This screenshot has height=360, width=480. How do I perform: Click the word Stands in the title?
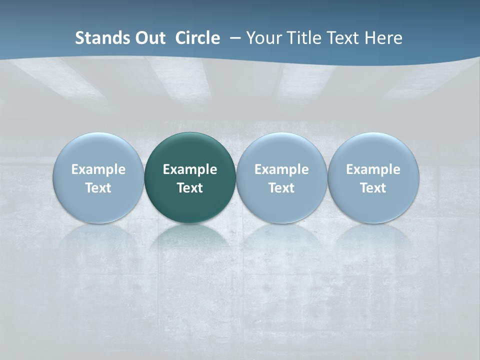98,38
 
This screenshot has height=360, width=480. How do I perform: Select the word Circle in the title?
197,38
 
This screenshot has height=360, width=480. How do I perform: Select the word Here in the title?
383,38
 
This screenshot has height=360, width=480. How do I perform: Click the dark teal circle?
190,150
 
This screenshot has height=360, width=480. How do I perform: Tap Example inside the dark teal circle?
190,169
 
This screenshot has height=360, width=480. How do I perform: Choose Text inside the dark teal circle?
190,188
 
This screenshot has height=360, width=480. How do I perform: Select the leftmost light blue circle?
98,150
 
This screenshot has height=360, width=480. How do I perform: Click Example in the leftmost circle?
98,169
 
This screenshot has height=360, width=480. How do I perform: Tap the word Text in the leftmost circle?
98,188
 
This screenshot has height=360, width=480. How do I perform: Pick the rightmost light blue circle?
373,150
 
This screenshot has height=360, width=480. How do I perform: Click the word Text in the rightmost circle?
373,188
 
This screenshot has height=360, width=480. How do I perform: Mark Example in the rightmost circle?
373,169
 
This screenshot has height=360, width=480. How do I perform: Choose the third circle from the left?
281,150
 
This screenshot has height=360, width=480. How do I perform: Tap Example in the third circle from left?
281,169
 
